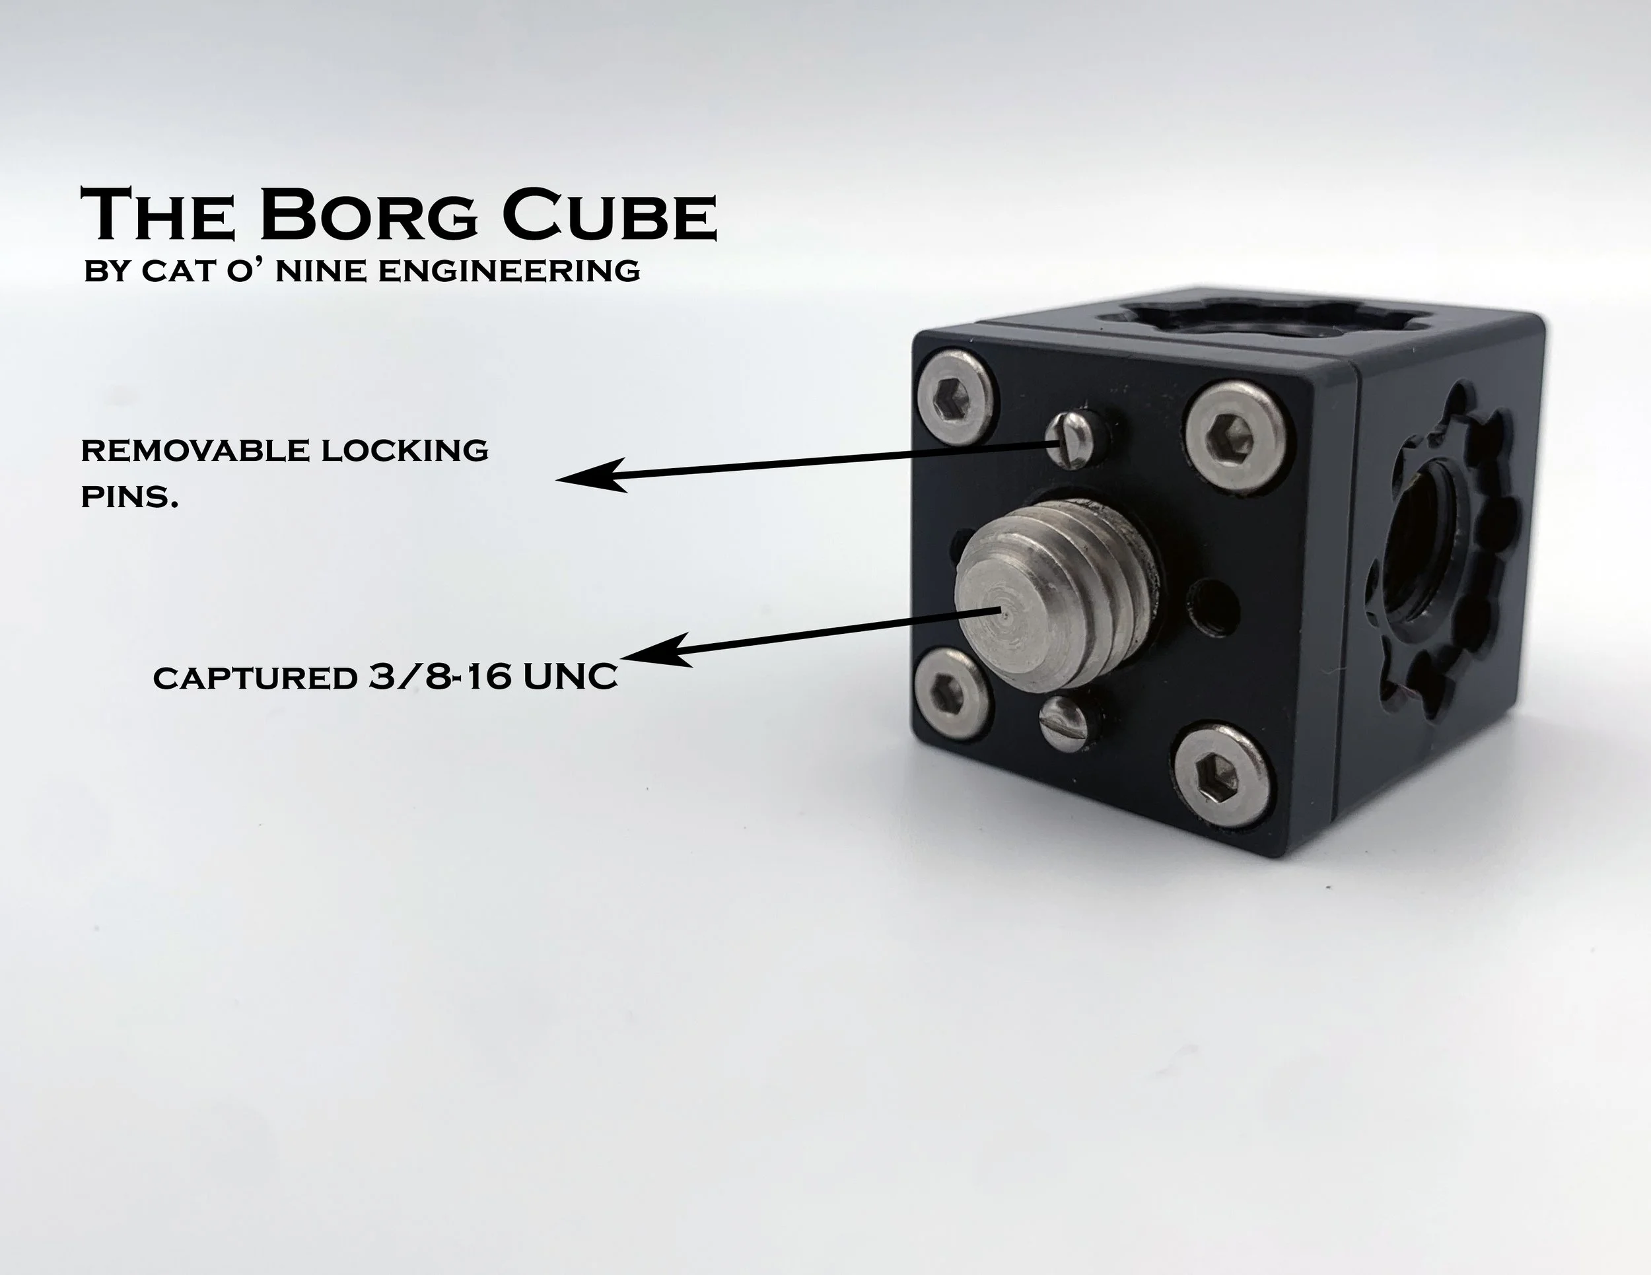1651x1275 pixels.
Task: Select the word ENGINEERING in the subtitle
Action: tap(508, 271)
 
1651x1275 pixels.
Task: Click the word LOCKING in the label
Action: tap(404, 450)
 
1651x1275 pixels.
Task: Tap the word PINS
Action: tap(129, 497)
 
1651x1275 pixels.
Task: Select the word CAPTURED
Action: tap(255, 678)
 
